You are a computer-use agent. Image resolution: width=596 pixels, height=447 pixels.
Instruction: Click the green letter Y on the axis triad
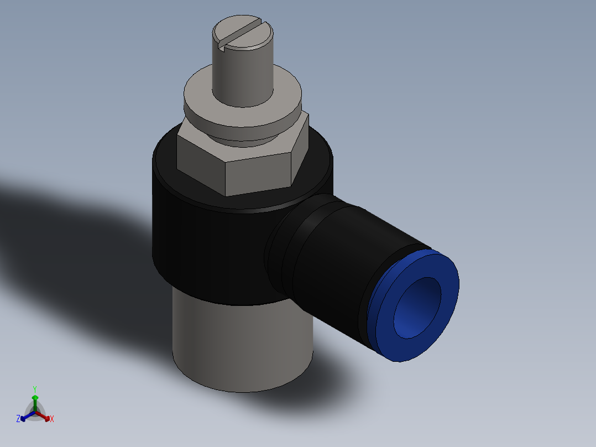tap(35, 389)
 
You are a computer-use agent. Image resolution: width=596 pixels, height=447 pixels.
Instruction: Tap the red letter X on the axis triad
tap(52, 419)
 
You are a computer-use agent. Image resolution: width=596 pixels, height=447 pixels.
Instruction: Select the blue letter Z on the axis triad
tap(18, 419)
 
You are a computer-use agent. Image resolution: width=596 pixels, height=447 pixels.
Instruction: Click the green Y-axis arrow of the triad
tap(35, 401)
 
